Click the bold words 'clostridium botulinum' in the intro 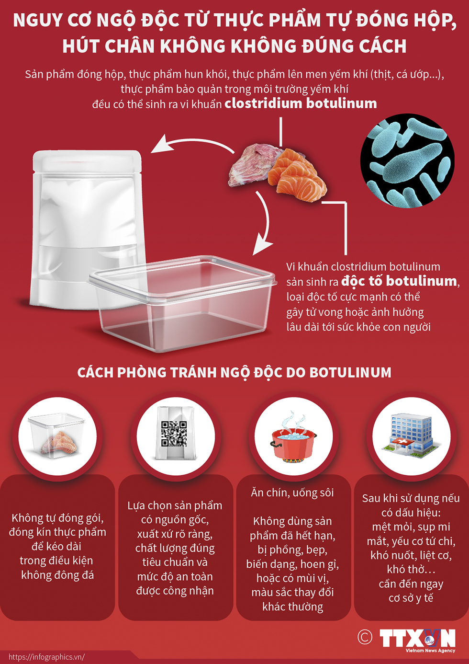tap(301, 103)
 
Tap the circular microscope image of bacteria tap(407, 160)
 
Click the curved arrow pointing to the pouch tap(191, 144)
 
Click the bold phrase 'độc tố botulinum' tap(399, 281)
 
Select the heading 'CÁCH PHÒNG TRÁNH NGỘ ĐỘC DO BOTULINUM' tap(234, 372)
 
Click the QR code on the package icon tap(174, 434)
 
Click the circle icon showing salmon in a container tap(57, 436)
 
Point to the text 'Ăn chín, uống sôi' tap(292, 492)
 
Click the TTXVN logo tap(417, 639)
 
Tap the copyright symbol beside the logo tap(365, 637)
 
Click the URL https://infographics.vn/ tap(46, 657)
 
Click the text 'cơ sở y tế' tap(411, 598)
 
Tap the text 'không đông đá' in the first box tap(57, 575)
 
